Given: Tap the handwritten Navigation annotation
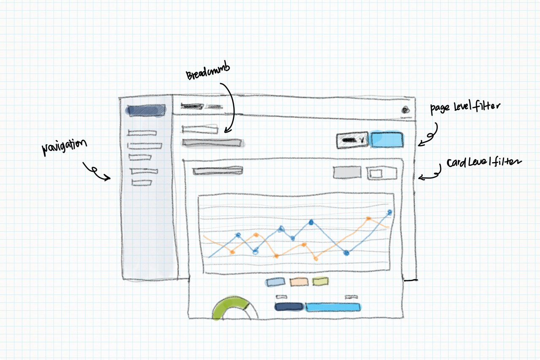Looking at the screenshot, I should (x=64, y=147).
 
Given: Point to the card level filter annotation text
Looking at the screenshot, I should (x=484, y=162).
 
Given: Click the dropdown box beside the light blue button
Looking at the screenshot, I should (x=352, y=140).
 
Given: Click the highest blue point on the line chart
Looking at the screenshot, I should (x=390, y=212).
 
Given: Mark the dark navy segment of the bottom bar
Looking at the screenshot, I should (x=289, y=307).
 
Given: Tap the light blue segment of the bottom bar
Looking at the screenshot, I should (x=333, y=307).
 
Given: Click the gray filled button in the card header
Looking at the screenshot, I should (x=347, y=172).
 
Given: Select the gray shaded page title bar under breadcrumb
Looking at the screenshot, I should (x=213, y=143).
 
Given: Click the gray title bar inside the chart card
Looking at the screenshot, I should (x=218, y=171).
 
